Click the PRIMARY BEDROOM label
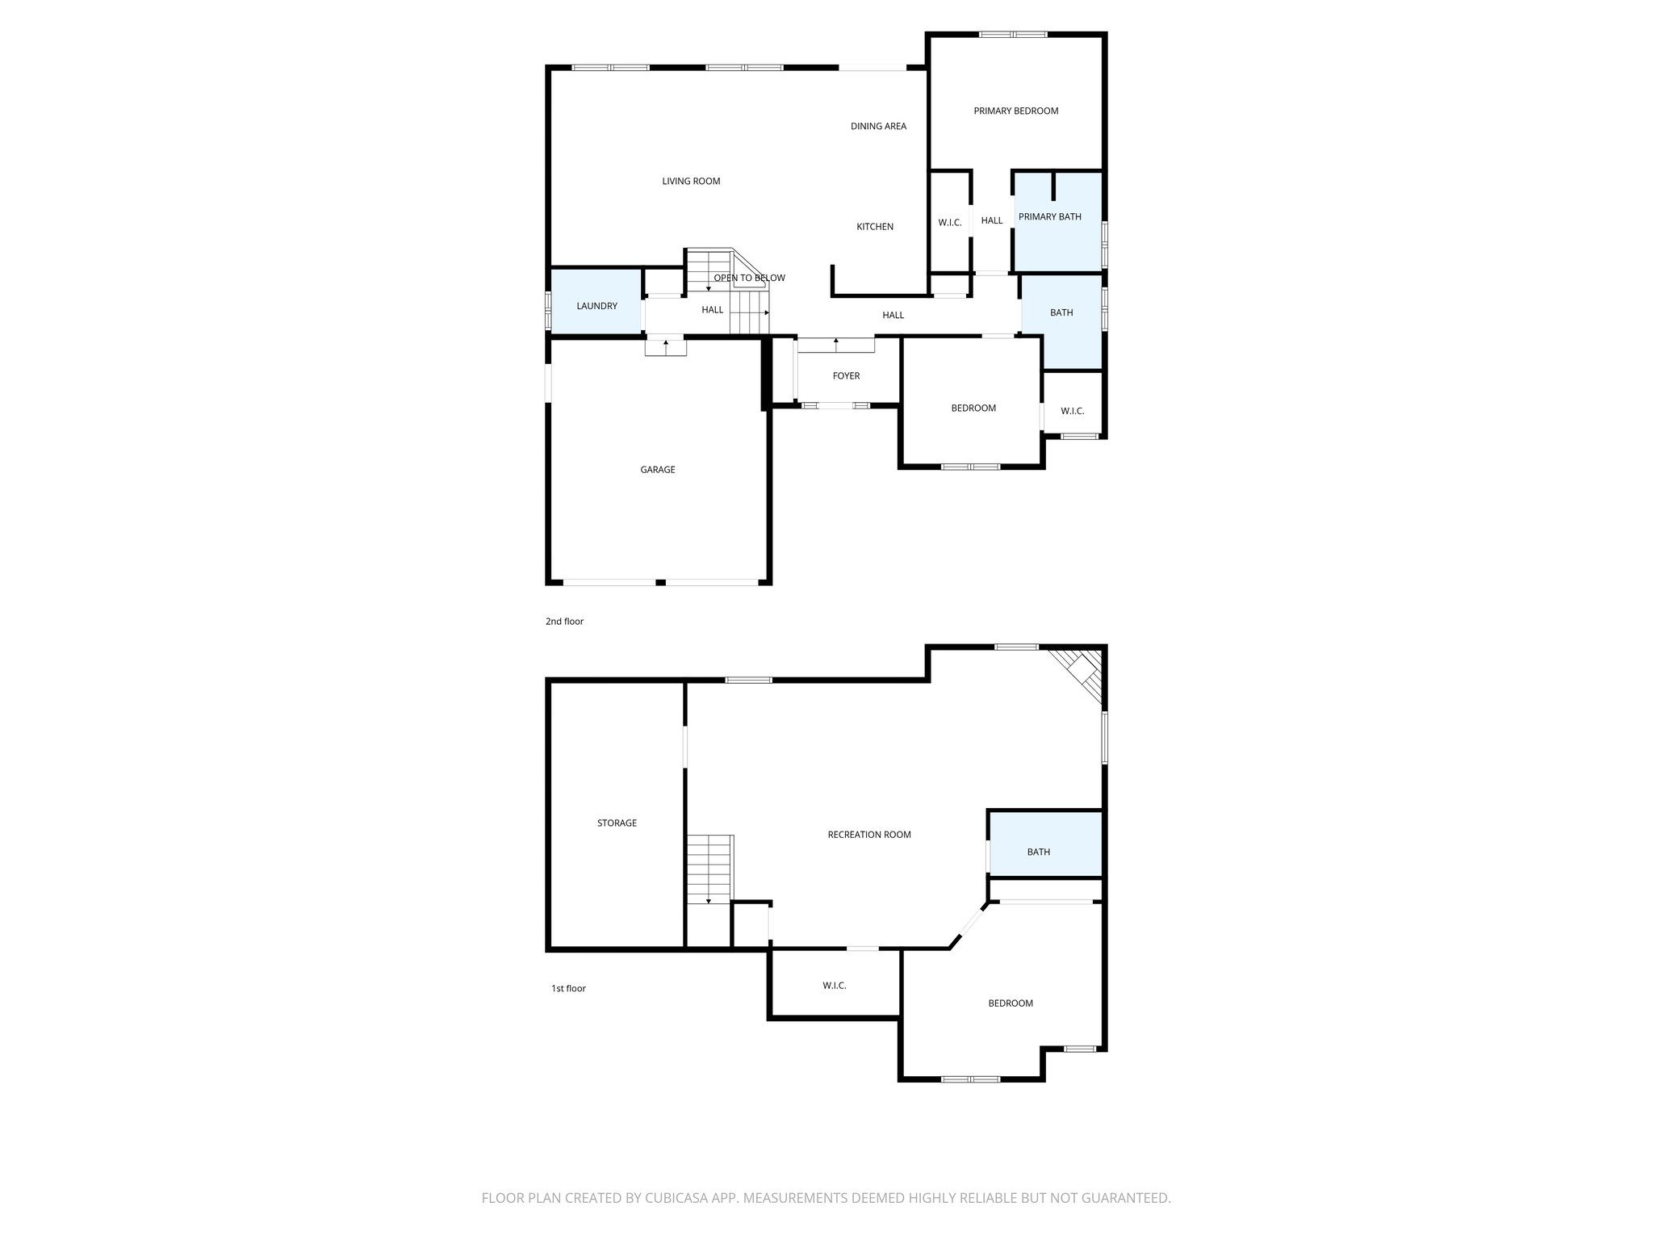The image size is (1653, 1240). (1015, 111)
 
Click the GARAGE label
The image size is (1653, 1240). (657, 469)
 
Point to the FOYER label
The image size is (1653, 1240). (846, 375)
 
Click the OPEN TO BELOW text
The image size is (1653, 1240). (749, 278)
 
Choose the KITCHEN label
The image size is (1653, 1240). (874, 227)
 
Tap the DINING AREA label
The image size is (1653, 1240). (878, 126)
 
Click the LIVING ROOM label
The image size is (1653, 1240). (691, 181)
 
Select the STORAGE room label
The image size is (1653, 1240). (617, 823)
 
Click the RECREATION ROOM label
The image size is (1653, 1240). (868, 835)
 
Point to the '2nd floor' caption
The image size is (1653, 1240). (564, 622)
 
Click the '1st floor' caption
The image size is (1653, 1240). (568, 988)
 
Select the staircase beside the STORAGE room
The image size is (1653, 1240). (709, 869)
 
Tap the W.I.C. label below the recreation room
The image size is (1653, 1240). (834, 985)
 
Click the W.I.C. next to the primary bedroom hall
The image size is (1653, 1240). (949, 222)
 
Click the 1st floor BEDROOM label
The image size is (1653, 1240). (1011, 1003)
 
